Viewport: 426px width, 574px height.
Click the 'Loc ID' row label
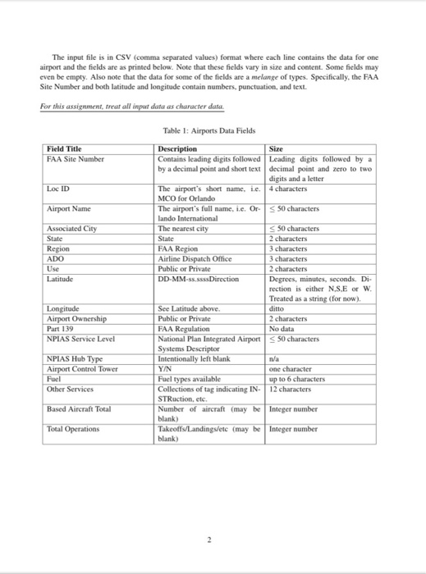[58, 189]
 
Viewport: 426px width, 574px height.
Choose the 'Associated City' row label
[71, 229]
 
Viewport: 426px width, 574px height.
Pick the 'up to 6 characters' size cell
[296, 379]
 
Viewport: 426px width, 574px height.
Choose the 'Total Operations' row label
[71, 428]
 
